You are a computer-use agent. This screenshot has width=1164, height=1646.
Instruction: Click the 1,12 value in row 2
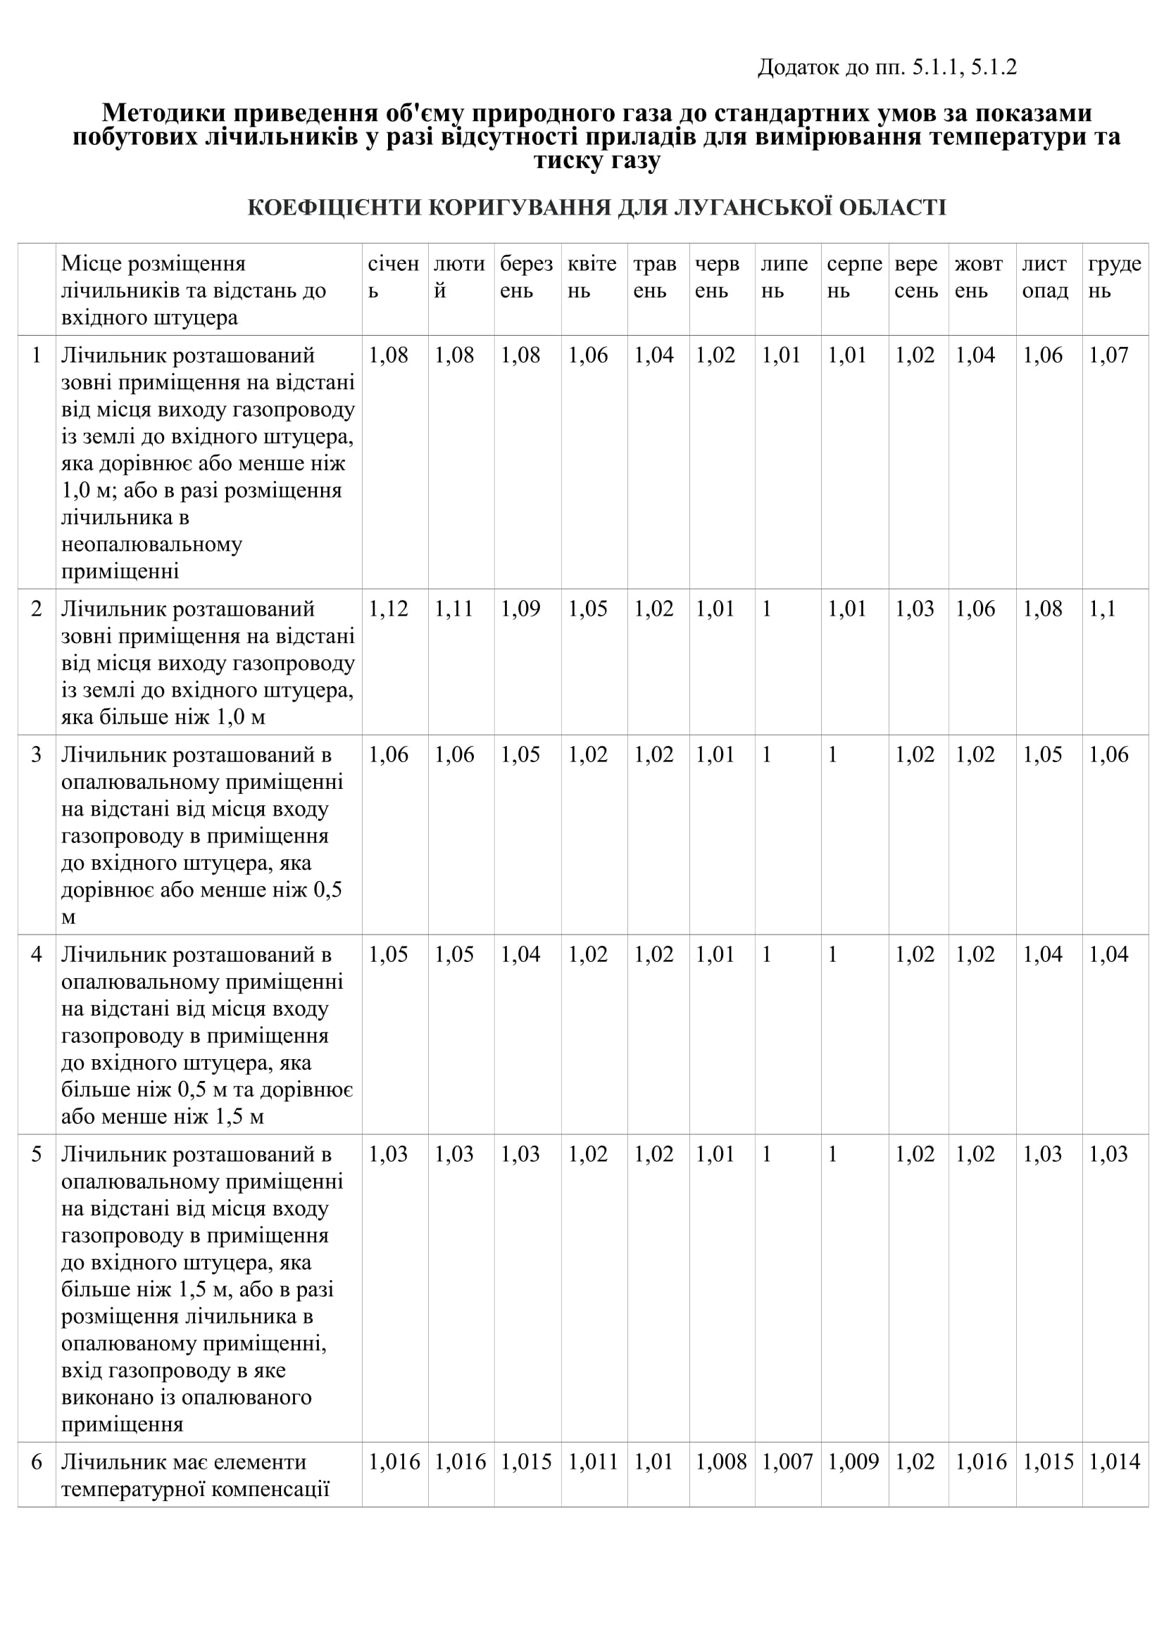[388, 609]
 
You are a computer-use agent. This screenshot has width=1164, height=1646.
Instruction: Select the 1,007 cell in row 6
[787, 1461]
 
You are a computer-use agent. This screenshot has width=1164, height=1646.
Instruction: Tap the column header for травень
[655, 277]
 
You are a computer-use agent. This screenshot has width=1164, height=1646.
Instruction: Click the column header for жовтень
[978, 277]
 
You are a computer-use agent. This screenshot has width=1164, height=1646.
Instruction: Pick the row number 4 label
[37, 954]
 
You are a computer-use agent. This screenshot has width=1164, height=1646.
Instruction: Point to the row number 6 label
[37, 1461]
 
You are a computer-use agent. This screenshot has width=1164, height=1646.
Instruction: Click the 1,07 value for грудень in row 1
[1108, 355]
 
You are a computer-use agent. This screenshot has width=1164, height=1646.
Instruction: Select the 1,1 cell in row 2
[1102, 609]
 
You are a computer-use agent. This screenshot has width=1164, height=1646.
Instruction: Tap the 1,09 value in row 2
[520, 609]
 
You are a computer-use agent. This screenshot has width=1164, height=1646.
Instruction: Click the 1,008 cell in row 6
[721, 1461]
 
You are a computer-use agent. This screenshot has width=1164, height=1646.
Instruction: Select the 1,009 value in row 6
[853, 1461]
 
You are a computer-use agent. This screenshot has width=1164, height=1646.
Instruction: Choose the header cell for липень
[784, 277]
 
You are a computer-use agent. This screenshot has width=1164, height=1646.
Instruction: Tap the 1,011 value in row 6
[592, 1461]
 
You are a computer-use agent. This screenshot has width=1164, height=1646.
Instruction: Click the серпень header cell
[853, 277]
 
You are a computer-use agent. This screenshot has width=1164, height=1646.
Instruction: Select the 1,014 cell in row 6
[1114, 1461]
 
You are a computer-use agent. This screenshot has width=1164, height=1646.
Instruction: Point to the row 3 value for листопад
[1042, 754]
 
